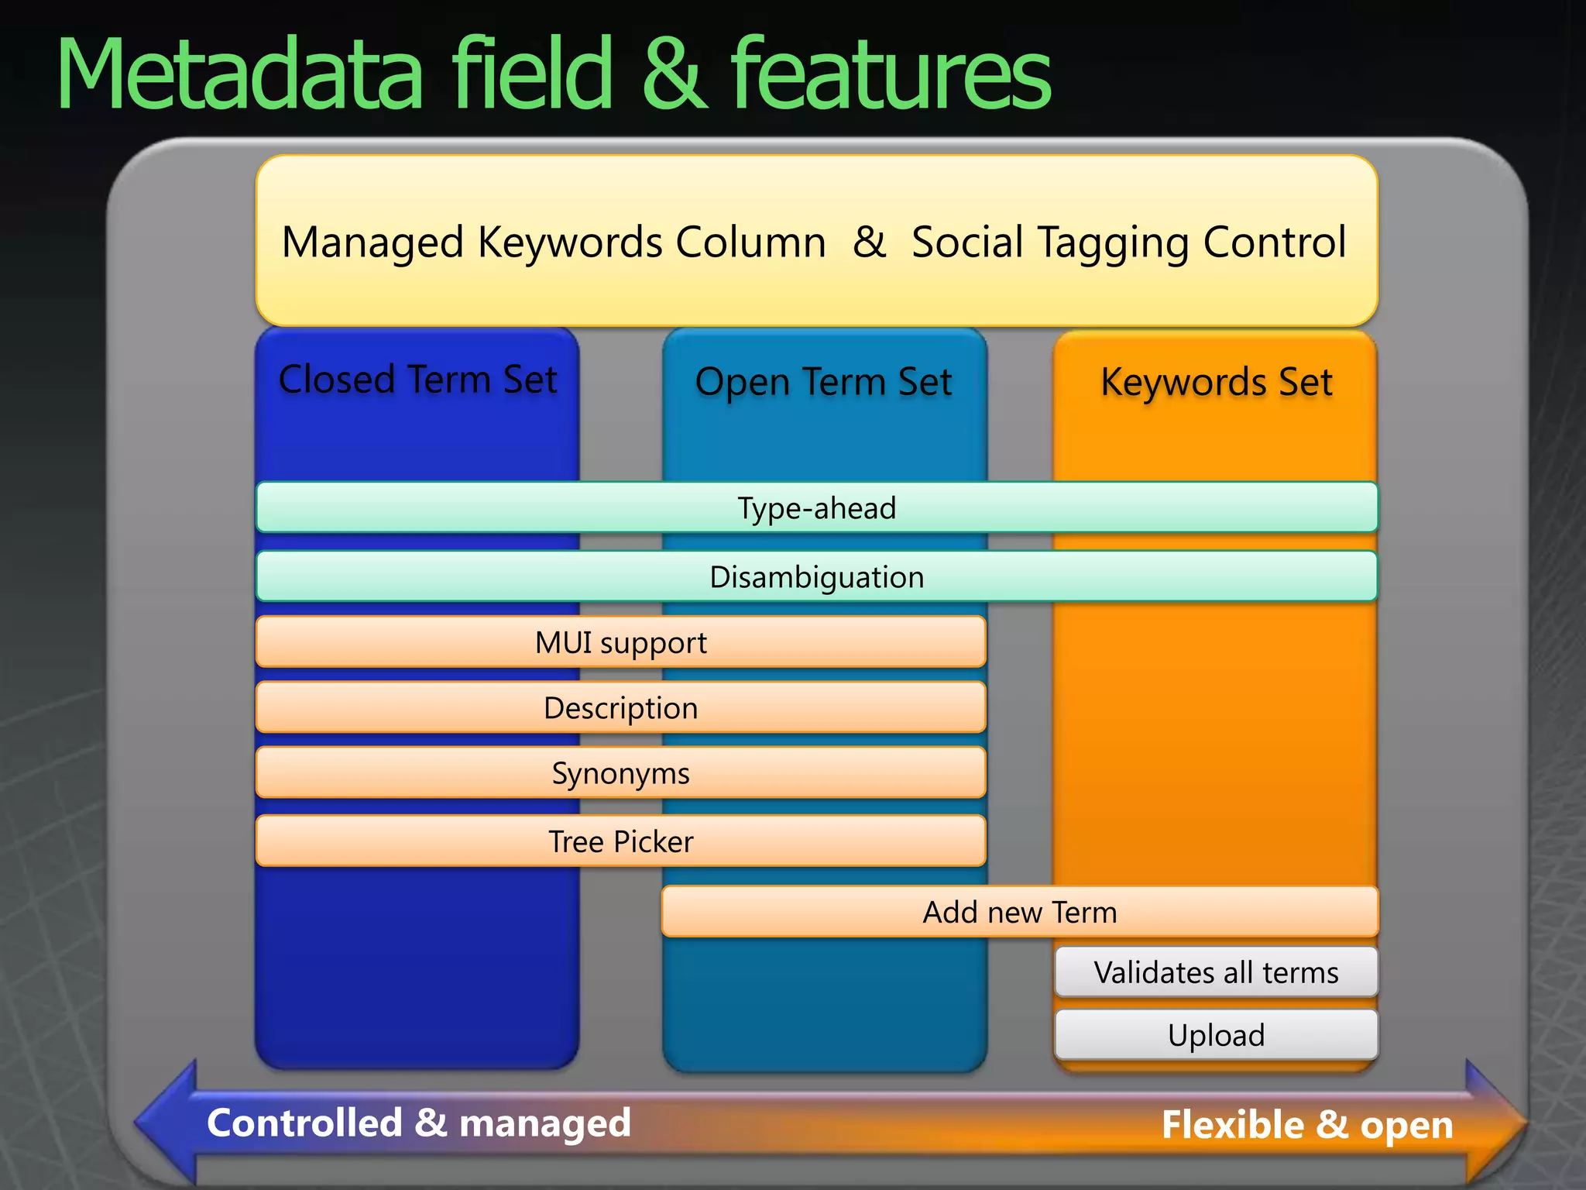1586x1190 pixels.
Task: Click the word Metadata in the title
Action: (240, 76)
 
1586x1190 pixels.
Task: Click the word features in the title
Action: (891, 76)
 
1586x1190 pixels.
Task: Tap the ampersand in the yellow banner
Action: (869, 242)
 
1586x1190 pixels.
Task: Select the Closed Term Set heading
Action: (417, 380)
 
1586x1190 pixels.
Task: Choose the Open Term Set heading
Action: (823, 382)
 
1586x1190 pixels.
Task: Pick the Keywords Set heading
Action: (1216, 382)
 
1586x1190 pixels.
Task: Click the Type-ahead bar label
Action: (816, 508)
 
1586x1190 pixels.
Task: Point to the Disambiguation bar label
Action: (816, 577)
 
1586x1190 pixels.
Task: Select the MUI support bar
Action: (620, 642)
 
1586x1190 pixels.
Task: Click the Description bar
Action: (620, 708)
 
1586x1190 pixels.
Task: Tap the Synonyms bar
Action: (620, 773)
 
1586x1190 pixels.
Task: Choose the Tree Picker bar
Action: (620, 841)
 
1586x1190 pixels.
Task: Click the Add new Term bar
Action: (1019, 912)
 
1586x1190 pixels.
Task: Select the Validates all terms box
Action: (1216, 972)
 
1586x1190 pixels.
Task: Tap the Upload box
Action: (1216, 1035)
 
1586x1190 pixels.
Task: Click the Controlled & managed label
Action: (419, 1123)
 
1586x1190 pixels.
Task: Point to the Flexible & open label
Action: (1307, 1124)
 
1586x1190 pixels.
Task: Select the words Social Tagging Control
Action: (1128, 242)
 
